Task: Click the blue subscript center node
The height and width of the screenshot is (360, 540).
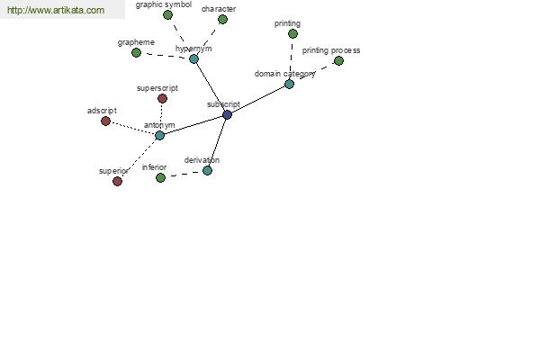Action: (227, 114)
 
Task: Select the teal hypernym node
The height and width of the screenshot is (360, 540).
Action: (193, 58)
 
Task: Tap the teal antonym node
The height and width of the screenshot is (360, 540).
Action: (159, 135)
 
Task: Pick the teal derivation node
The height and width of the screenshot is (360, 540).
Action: (207, 170)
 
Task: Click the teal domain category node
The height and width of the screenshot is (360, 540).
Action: (289, 84)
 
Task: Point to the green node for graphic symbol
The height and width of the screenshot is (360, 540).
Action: (167, 15)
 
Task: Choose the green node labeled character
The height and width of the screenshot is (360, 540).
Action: (223, 19)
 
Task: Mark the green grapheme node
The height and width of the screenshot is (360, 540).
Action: (137, 53)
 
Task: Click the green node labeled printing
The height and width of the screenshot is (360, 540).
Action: (292, 34)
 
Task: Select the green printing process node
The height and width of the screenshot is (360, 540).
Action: (339, 61)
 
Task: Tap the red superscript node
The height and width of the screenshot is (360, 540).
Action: (163, 99)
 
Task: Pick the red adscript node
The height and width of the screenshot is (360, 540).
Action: (105, 121)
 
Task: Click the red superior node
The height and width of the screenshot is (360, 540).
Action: (117, 181)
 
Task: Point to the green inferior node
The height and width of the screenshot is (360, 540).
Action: (160, 178)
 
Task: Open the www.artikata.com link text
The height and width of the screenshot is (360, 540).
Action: (56, 10)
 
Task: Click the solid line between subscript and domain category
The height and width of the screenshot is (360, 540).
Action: (258, 99)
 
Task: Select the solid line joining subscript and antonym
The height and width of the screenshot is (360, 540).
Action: (193, 125)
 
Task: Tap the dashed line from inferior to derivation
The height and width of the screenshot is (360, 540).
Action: (184, 174)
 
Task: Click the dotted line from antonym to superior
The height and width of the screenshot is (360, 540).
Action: (139, 157)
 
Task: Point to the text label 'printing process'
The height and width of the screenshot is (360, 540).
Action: (331, 50)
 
